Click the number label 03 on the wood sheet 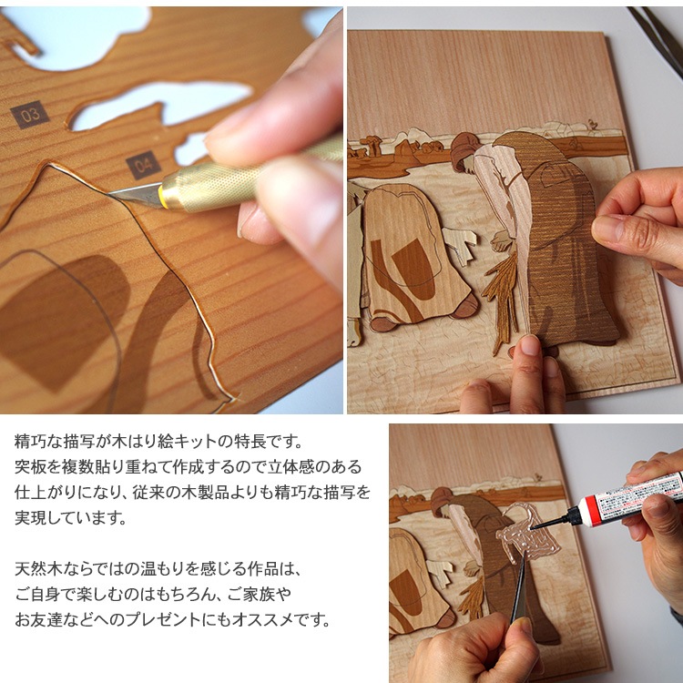click(29, 114)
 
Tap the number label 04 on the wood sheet click(143, 165)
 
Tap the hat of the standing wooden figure click(465, 146)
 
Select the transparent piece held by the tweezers click(525, 542)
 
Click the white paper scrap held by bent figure click(459, 243)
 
